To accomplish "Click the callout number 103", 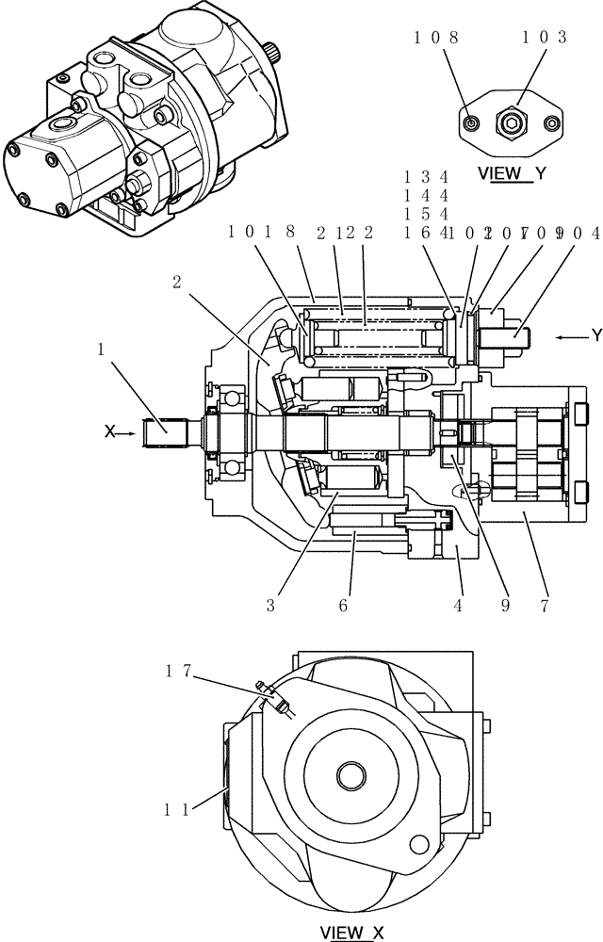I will coord(547,38).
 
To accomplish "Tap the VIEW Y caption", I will coord(513,173).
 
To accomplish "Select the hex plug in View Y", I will coord(511,122).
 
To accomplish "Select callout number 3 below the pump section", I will coord(269,607).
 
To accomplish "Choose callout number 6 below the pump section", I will coord(343,607).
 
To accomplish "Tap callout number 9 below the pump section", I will coord(505,607).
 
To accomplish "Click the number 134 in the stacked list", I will coord(426,177).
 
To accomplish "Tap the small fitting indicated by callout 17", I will coord(279,701).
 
